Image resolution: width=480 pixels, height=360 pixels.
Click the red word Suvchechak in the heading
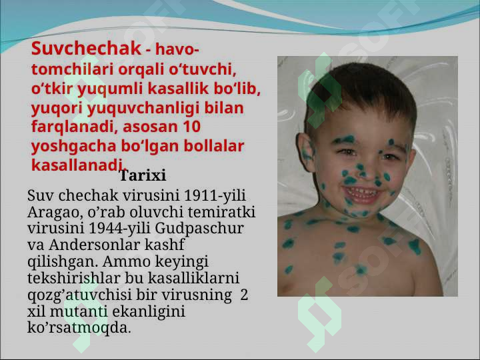(x=86, y=49)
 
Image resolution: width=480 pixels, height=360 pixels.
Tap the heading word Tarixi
(x=143, y=175)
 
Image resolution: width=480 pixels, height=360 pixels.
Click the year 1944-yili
(x=119, y=229)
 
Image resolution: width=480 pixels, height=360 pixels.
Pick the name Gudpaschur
(x=199, y=229)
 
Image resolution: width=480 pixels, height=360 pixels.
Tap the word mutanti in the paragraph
(x=79, y=311)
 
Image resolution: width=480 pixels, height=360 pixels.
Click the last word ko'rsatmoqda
(x=79, y=328)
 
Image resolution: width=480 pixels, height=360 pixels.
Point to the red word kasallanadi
(x=79, y=165)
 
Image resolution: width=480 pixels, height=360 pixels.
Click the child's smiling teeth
(x=362, y=193)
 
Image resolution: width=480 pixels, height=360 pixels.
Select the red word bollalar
(x=213, y=146)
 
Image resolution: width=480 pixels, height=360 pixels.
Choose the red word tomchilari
(x=72, y=69)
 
